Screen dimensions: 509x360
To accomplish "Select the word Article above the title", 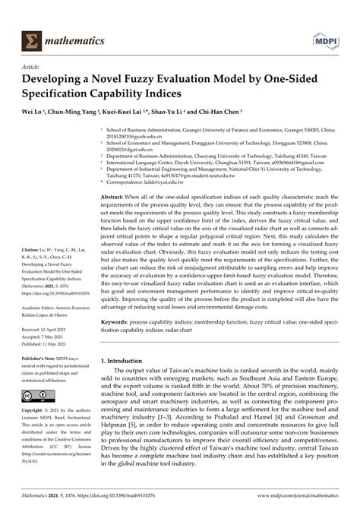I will click(x=33, y=67).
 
